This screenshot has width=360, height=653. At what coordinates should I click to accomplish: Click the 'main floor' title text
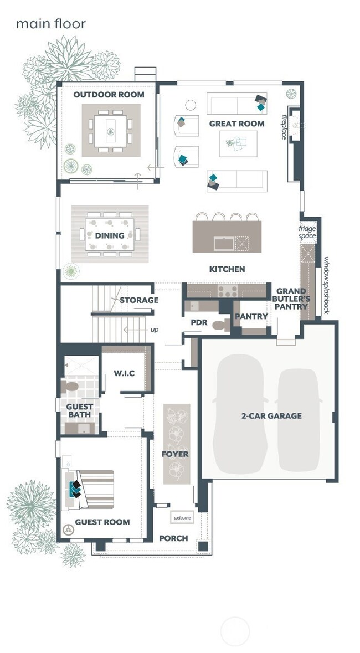pos(50,24)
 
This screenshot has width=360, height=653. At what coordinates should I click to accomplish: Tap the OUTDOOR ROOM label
pos(109,95)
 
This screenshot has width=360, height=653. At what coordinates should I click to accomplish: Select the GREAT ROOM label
pos(236,124)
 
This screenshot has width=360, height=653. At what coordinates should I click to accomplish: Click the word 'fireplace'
pos(284,127)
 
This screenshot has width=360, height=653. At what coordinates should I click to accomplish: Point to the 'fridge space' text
pos(307,233)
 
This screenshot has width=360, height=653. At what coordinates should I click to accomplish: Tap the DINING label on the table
pos(110,236)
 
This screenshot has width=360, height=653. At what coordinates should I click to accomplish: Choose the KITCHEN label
pos(227,269)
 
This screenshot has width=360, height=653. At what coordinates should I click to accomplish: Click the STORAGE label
pos(139,300)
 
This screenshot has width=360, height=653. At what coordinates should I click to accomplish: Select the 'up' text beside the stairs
pos(155,330)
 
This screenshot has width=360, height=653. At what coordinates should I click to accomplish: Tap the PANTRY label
pos(251,317)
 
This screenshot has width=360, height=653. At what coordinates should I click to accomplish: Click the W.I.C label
pos(124,373)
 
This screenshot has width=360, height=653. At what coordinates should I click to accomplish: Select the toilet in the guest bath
pos(71,385)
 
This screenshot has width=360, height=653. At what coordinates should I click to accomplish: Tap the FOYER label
pos(175,454)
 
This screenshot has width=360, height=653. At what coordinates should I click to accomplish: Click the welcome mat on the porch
pos(182,518)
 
